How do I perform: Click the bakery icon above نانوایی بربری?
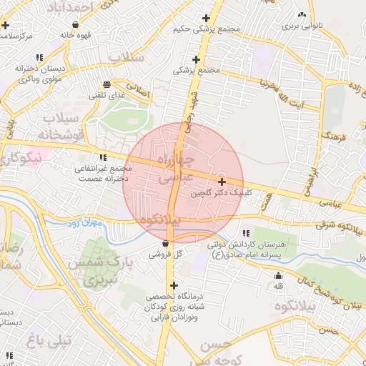click(x=302, y=15)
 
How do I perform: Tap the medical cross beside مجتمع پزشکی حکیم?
click(x=207, y=19)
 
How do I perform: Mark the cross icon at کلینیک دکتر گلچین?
click(x=222, y=182)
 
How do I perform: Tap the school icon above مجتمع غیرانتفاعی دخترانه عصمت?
click(x=104, y=158)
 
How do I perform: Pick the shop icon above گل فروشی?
click(x=166, y=243)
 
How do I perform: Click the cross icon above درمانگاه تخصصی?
click(x=173, y=285)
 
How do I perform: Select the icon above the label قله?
click(x=278, y=276)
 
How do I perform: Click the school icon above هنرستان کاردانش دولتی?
click(x=246, y=233)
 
